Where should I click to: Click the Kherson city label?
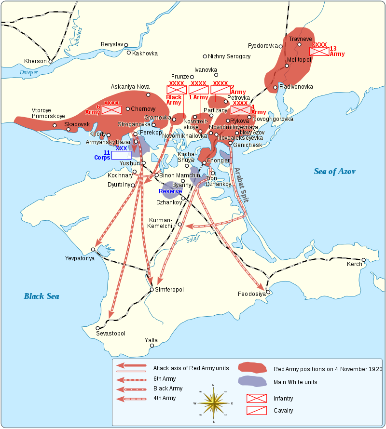pyautogui.click(x=35, y=61)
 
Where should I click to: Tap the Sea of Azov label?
pyautogui.click(x=334, y=171)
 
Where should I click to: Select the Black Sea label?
pyautogui.click(x=41, y=296)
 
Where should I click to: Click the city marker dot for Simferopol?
pyautogui.click(x=152, y=290)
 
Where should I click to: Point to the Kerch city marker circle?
pyautogui.click(x=364, y=260)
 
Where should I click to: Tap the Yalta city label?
pyautogui.click(x=151, y=340)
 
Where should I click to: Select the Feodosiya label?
pyautogui.click(x=252, y=294)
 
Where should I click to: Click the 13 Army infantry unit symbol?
pyautogui.click(x=319, y=51)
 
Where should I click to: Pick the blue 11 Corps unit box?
pyautogui.click(x=121, y=155)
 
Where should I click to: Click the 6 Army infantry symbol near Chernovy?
pyautogui.click(x=111, y=110)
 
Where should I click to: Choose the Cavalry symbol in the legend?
pyautogui.click(x=256, y=410)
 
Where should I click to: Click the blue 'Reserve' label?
pyautogui.click(x=170, y=191)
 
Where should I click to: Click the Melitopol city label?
pyautogui.click(x=299, y=60)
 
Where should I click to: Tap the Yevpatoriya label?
pyautogui.click(x=80, y=258)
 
